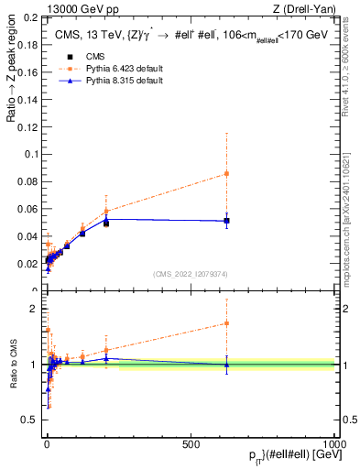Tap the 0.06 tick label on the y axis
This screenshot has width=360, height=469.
tap(27, 209)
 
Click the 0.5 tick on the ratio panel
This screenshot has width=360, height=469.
tap(29, 420)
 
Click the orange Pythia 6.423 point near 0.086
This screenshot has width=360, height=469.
tap(226, 173)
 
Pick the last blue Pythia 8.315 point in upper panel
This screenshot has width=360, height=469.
tap(226, 220)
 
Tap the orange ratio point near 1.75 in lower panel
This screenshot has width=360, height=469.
tap(226, 322)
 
